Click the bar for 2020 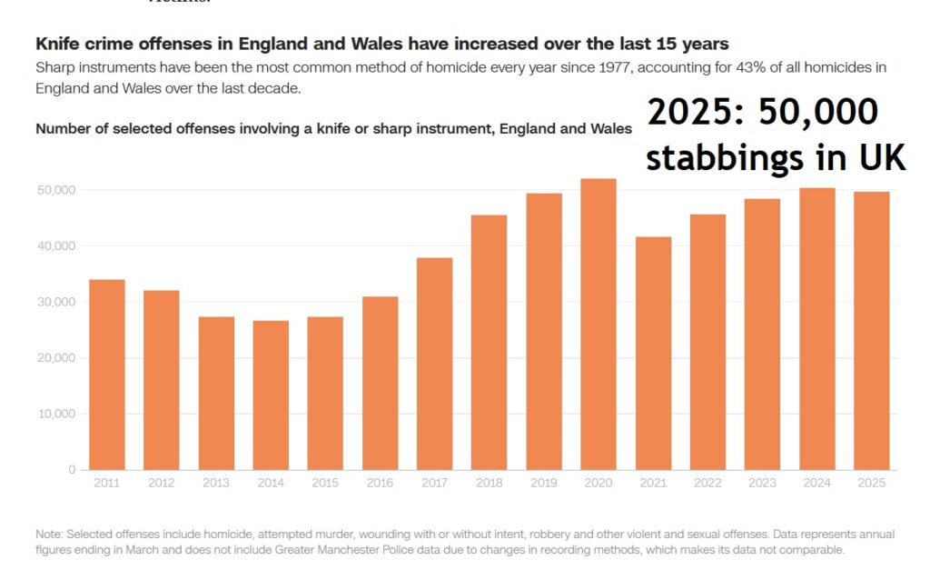click(599, 325)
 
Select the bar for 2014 click(271, 395)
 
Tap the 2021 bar click(654, 354)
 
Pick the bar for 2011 click(107, 375)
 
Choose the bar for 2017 click(435, 364)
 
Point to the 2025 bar click(872, 331)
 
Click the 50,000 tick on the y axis click(56, 190)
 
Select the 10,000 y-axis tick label click(57, 414)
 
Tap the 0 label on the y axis click(72, 470)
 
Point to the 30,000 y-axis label click(56, 302)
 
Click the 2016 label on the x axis click(380, 484)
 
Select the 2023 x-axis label click(762, 484)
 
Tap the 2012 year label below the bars click(162, 484)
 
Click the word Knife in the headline click(57, 44)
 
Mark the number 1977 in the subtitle click(615, 67)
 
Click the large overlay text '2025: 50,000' click(762, 113)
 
